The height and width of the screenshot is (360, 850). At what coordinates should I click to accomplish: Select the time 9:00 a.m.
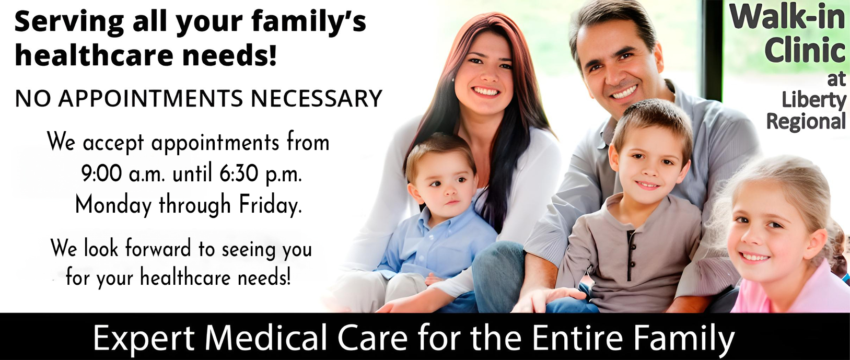click(x=123, y=175)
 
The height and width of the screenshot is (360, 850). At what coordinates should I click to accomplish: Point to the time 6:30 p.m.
click(x=261, y=175)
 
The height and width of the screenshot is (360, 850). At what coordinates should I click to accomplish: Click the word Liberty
click(x=814, y=100)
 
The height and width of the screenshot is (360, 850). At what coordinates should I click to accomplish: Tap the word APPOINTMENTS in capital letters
click(x=151, y=99)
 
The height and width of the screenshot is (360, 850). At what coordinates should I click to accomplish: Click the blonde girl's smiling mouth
click(x=754, y=258)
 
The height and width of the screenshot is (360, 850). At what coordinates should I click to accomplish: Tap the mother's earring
click(x=453, y=79)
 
